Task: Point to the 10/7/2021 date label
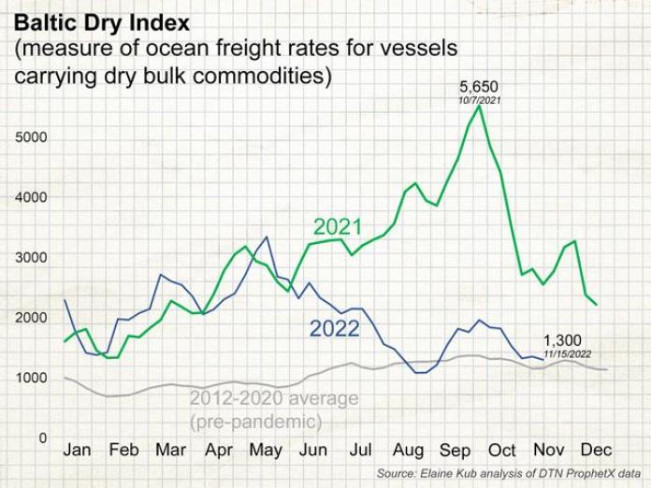(x=479, y=100)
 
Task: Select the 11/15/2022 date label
(x=568, y=353)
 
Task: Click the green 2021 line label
(x=337, y=227)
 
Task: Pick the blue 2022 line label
(x=334, y=328)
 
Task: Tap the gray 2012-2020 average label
(x=274, y=399)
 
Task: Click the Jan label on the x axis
(x=77, y=451)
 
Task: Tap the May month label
(x=267, y=451)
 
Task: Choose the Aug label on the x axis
(x=409, y=451)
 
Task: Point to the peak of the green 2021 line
(x=479, y=106)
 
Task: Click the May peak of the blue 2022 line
(x=268, y=237)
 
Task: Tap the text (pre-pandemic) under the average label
(x=255, y=422)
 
